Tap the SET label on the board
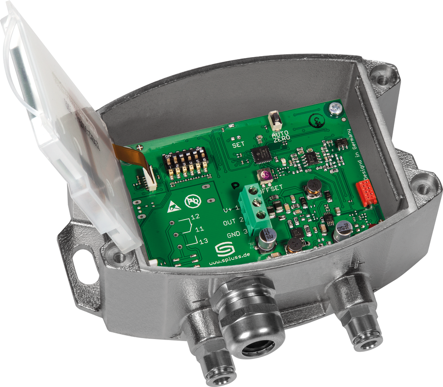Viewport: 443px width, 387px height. coord(238,144)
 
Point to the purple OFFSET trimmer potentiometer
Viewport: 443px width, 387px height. coord(265,177)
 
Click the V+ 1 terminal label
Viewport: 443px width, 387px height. coord(231,209)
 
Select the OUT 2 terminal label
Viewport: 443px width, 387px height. coord(233,222)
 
